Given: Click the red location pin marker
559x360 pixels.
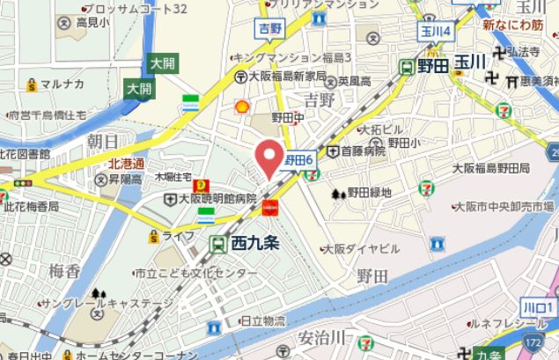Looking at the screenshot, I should [268, 157].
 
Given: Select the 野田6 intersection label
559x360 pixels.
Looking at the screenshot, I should [298, 159].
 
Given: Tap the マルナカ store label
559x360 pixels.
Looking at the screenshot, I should [61, 84].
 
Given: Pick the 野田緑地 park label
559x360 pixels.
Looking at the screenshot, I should [368, 192].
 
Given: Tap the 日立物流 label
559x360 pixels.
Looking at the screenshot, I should [261, 322].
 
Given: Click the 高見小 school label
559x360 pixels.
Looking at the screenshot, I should [92, 21].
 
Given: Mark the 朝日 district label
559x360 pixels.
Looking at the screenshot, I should [103, 141].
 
